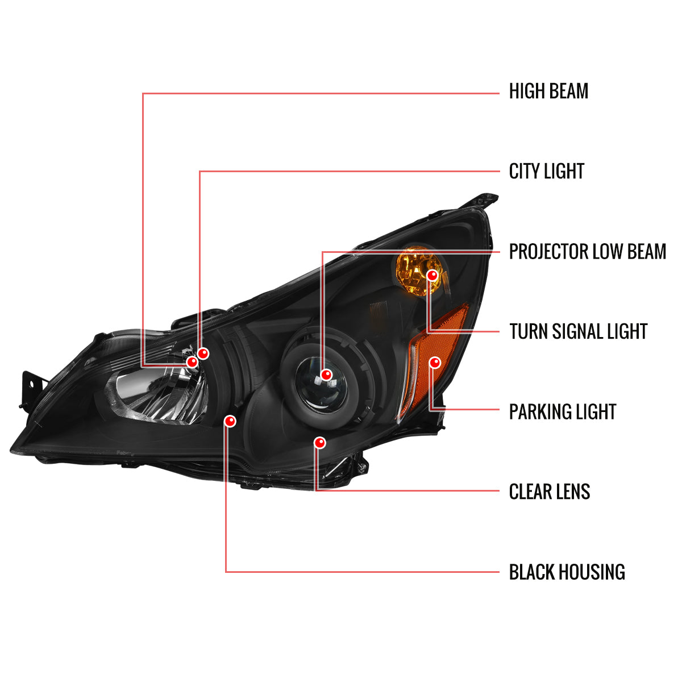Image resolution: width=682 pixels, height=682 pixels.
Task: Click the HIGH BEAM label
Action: coord(548,91)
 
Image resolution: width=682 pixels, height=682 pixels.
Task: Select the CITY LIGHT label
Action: coord(546,171)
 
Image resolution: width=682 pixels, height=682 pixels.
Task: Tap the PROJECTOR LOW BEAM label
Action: coord(587,252)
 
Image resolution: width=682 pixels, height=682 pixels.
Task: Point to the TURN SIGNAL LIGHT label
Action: coord(578,331)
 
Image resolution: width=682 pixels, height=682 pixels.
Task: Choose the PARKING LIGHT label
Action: coord(563,411)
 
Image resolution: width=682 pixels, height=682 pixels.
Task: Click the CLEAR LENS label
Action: coord(549,492)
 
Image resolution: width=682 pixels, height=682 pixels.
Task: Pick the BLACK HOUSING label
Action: coord(567,572)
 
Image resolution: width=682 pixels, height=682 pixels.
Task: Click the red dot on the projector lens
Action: coord(326,375)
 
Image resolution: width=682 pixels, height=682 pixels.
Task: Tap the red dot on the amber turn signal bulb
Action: coord(433,275)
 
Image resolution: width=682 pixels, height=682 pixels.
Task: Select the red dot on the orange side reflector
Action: coord(435,363)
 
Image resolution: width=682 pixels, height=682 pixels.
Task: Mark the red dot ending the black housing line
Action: coord(230,421)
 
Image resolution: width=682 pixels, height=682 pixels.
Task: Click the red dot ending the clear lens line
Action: coord(320,442)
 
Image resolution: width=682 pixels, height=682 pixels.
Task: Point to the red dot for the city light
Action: coord(203,353)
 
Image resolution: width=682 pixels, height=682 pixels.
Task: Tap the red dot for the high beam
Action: coord(192,361)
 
